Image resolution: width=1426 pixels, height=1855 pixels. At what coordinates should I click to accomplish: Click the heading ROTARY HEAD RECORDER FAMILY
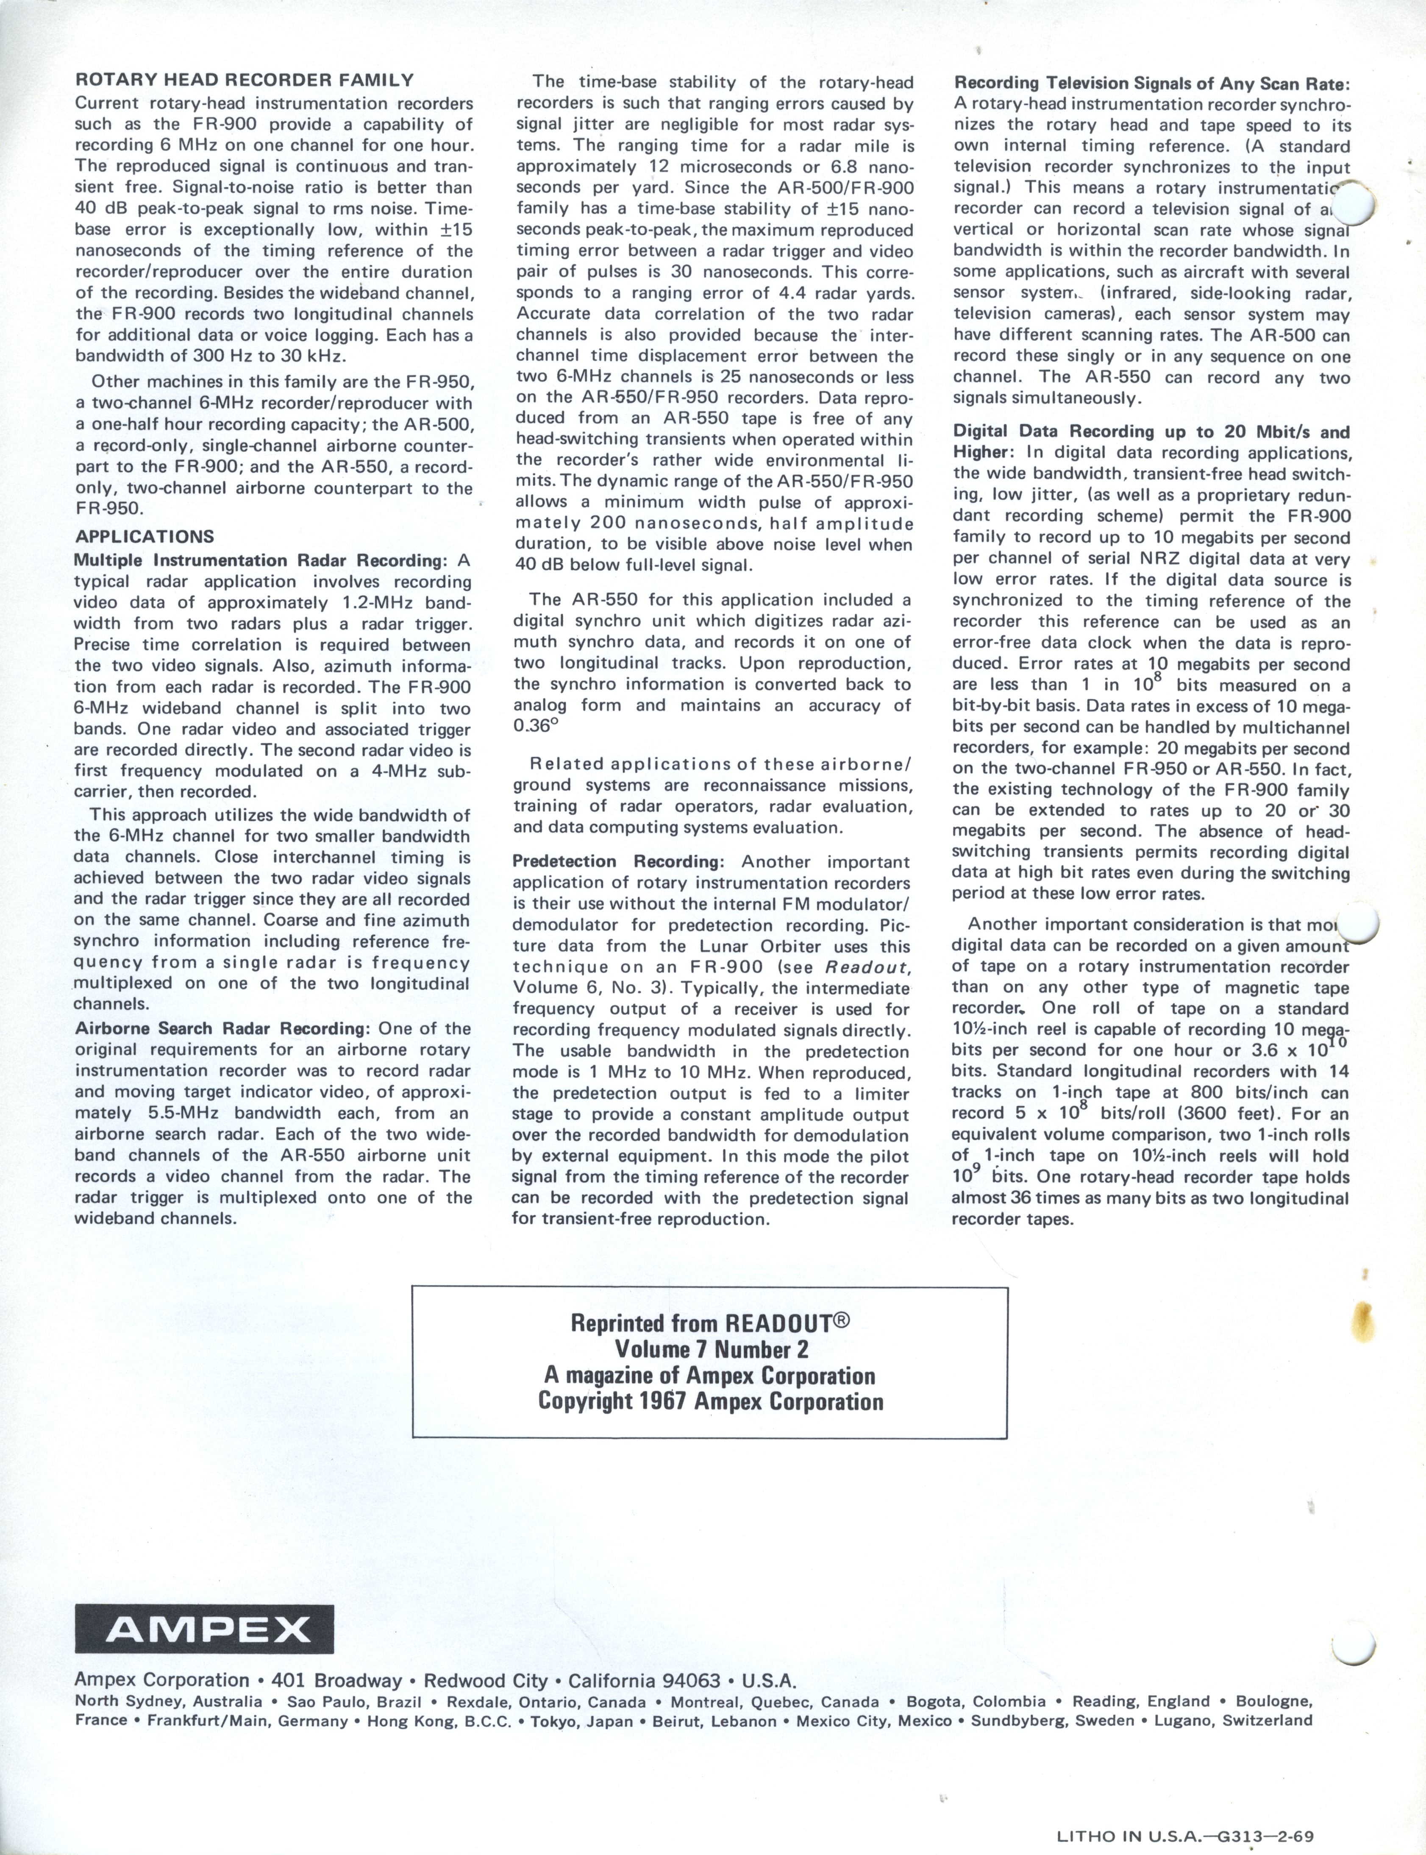(245, 81)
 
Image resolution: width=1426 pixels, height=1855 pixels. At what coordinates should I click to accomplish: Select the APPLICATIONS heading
(145, 537)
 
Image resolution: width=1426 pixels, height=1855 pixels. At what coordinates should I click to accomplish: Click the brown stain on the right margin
(1366, 1318)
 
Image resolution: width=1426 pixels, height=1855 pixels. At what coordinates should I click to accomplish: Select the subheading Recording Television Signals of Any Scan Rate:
(1151, 83)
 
